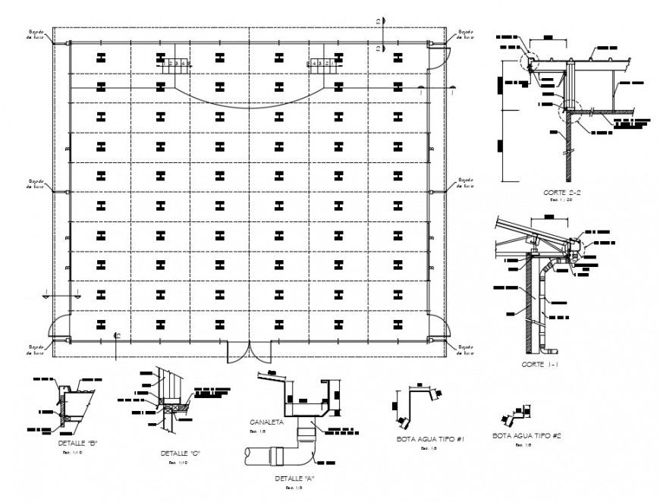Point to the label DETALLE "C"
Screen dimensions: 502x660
pyautogui.click(x=179, y=453)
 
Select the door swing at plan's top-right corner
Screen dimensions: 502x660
pyautogui.click(x=441, y=56)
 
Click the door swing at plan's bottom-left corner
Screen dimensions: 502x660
pyautogui.click(x=59, y=328)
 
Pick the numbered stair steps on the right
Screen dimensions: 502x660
pyautogui.click(x=319, y=64)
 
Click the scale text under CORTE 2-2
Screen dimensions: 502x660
pyautogui.click(x=563, y=200)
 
